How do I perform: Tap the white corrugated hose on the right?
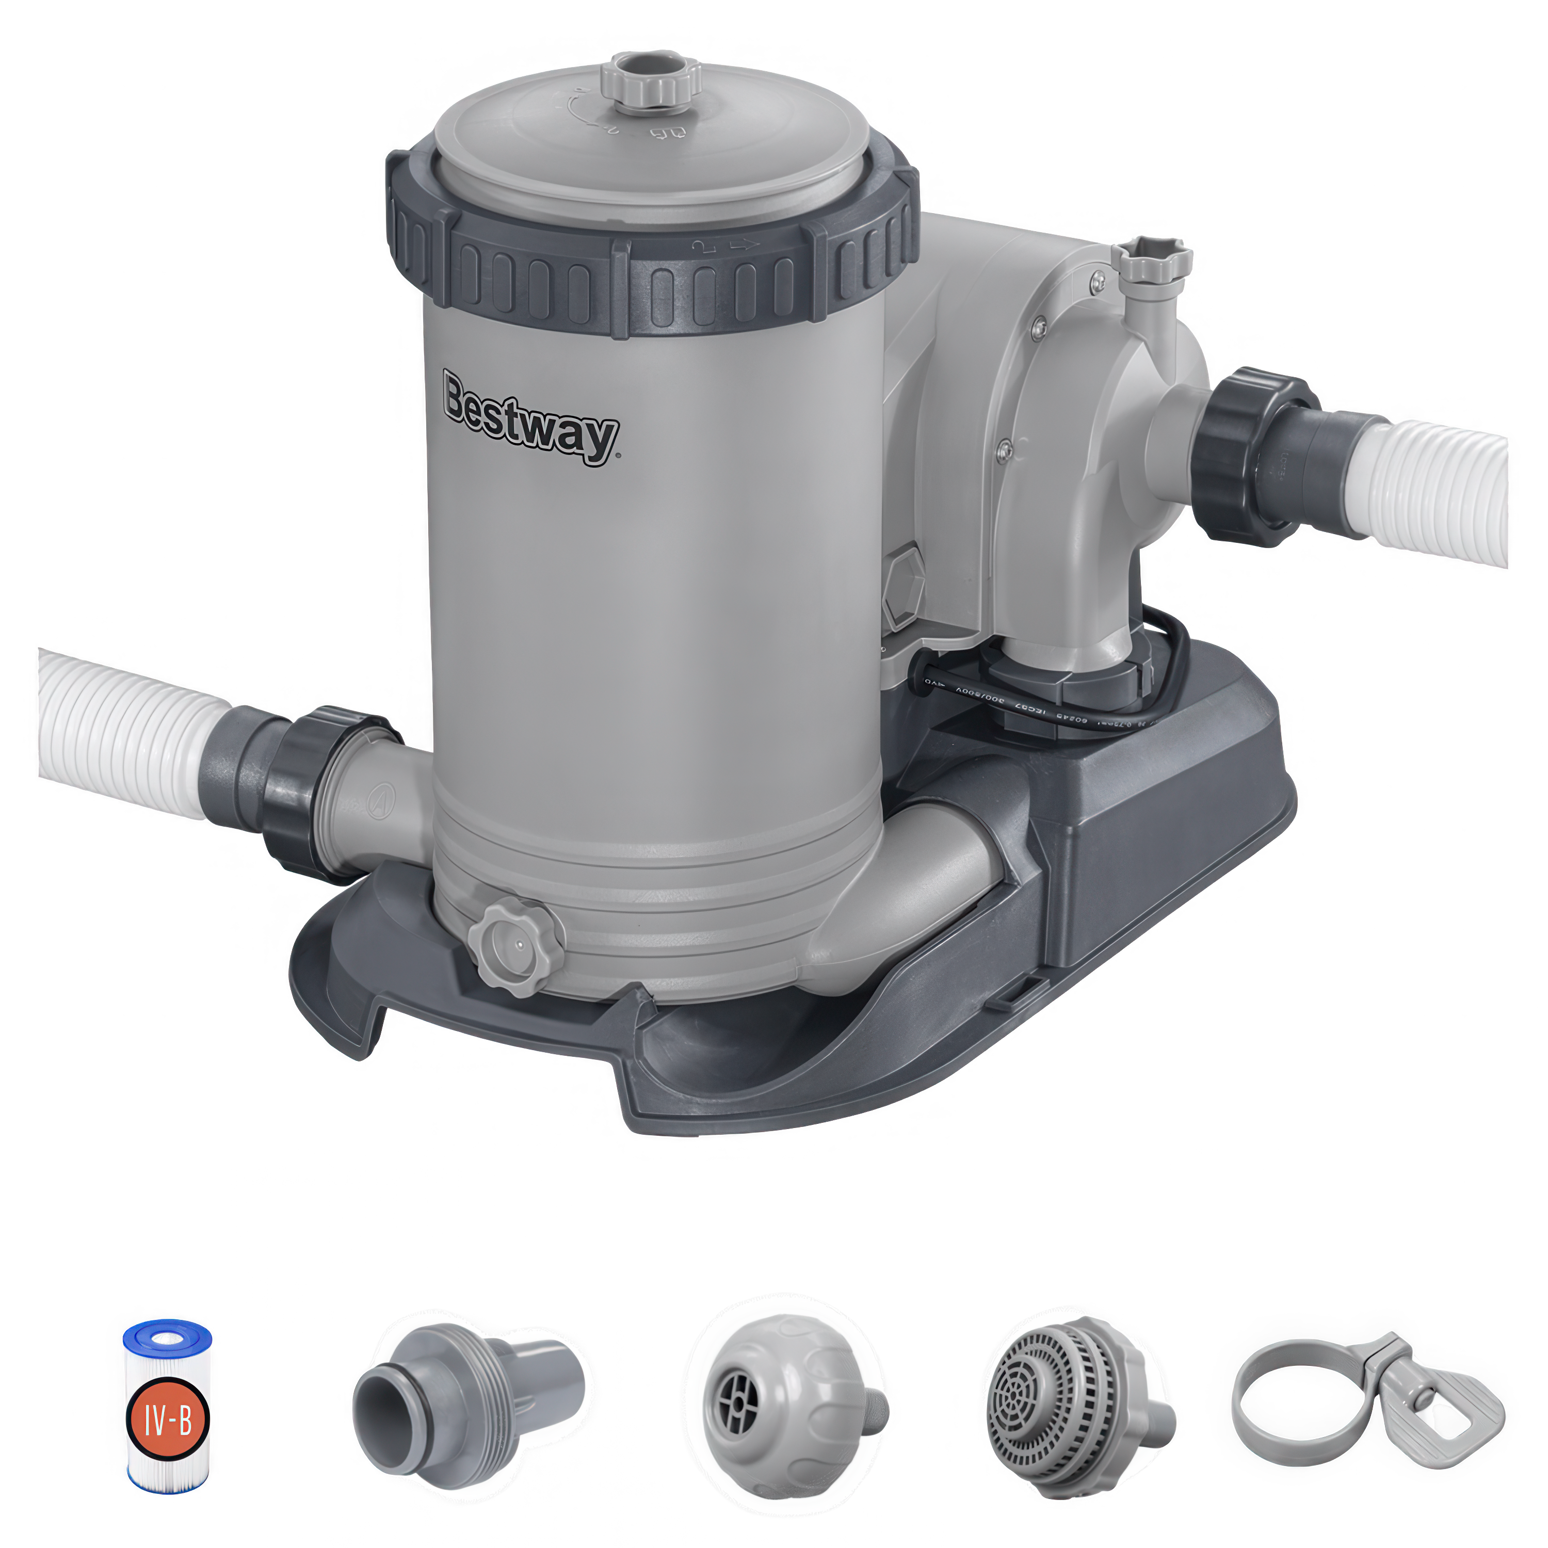point(1442,489)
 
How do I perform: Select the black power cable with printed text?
point(1042,705)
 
